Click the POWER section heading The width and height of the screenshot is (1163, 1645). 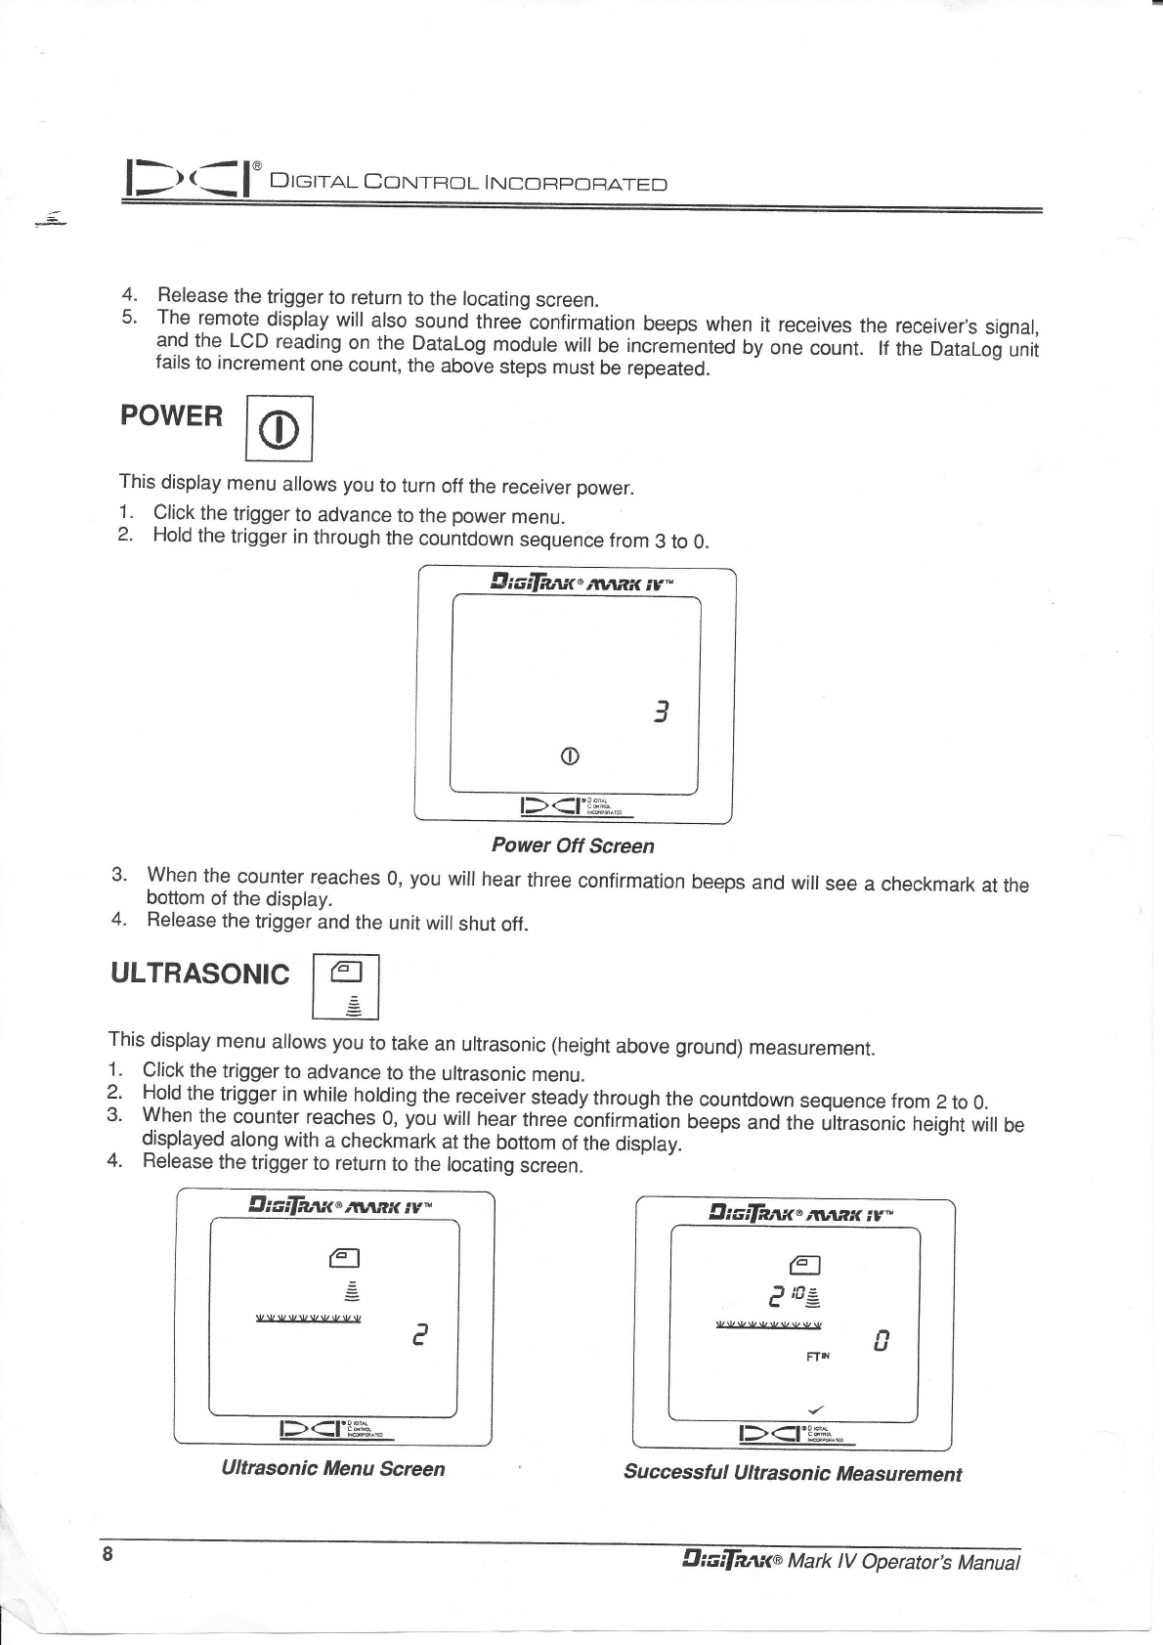coord(171,416)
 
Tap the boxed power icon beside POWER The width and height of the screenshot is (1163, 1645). coord(279,428)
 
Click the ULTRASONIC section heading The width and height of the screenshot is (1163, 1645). coord(200,974)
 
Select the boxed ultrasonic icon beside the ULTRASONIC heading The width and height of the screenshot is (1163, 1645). coord(346,987)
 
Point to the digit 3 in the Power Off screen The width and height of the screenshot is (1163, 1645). coord(662,713)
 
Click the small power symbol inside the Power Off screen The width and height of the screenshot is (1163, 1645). coord(571,756)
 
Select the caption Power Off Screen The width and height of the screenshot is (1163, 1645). coord(573,845)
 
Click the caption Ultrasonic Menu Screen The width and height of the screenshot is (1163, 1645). coord(332,1468)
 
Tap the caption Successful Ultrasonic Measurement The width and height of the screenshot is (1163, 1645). coord(792,1473)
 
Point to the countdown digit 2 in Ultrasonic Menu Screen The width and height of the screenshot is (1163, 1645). coord(418,1335)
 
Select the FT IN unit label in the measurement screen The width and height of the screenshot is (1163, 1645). coord(818,1357)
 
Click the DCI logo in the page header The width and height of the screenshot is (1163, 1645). coord(187,177)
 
